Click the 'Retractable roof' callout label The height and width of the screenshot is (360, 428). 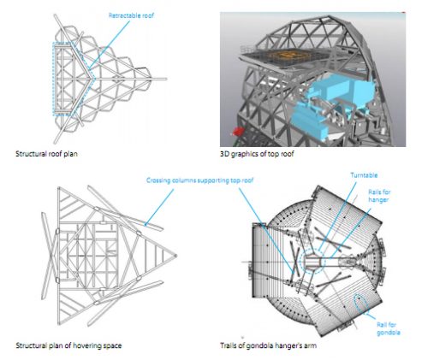point(131,15)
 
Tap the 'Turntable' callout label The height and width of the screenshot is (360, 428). point(364,175)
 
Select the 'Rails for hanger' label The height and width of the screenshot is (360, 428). point(379,196)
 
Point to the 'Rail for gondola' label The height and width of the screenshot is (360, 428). point(389,328)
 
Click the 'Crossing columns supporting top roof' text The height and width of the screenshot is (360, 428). point(199,180)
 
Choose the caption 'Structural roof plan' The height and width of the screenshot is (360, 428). point(46,154)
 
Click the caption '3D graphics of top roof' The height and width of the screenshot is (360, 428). point(257,154)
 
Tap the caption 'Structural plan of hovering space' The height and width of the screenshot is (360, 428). point(68,345)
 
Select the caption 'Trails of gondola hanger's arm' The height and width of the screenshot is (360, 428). point(268,345)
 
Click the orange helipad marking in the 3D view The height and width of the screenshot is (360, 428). point(289,56)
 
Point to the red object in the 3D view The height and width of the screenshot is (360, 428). point(238,132)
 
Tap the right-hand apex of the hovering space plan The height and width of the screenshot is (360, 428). point(175,256)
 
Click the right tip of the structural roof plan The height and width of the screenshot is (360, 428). point(166,79)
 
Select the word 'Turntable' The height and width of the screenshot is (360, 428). point(364,175)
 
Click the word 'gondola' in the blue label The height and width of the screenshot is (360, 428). point(389,333)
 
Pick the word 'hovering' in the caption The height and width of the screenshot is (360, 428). point(86,345)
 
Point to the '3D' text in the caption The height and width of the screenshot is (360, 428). point(224,154)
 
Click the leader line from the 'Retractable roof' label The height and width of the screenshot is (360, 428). point(109,44)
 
